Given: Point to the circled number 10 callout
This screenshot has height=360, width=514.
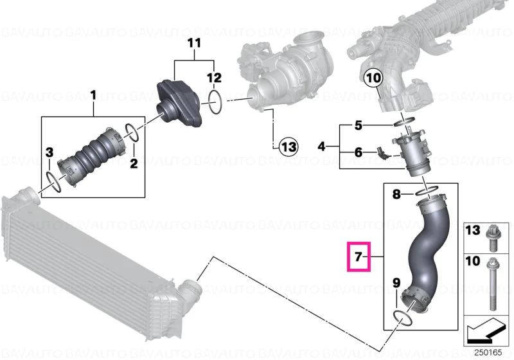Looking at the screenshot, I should coord(373,80).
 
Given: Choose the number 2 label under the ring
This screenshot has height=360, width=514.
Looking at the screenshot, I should coord(134,163).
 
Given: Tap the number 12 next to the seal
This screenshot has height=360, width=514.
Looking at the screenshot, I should coord(214,78).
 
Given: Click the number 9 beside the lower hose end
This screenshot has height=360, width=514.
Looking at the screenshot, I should coord(396,282).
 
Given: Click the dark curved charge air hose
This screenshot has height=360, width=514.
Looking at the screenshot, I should coord(427,254).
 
